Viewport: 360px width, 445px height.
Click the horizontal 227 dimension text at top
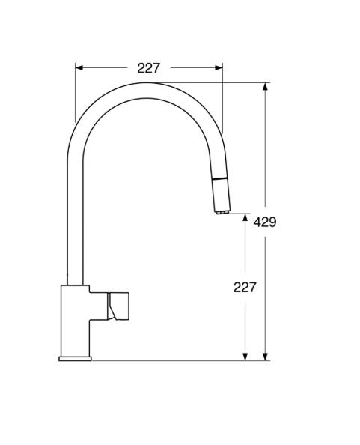point(149,68)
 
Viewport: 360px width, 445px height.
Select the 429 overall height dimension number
point(265,222)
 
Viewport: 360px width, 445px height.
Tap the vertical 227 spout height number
point(245,287)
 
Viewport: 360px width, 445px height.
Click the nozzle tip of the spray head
point(221,212)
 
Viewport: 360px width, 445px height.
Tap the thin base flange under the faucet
point(75,359)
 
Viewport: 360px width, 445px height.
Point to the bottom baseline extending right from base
point(180,360)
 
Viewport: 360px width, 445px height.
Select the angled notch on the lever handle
point(112,306)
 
